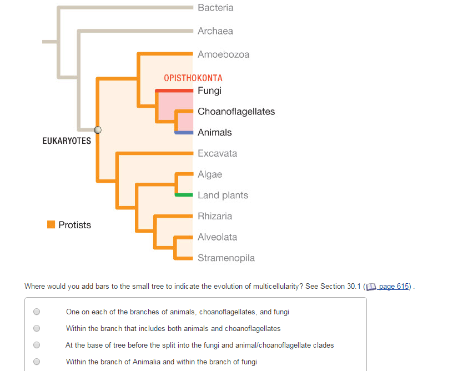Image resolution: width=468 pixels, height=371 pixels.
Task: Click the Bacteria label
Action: (215, 8)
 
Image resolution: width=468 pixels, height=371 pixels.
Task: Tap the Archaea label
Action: (215, 31)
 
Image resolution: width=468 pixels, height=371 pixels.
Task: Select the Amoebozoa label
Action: (223, 54)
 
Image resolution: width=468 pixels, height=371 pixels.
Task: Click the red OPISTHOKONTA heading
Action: (193, 78)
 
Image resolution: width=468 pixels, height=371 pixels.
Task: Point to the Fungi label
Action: (209, 91)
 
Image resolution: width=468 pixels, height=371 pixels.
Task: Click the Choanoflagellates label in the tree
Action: (236, 112)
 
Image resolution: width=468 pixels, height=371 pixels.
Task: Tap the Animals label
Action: (214, 132)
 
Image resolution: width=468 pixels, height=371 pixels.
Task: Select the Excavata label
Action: (217, 153)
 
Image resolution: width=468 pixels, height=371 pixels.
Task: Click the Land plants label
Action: (223, 195)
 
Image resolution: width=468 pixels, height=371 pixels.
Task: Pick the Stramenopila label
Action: (226, 258)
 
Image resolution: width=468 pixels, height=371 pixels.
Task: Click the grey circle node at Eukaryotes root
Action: (98, 130)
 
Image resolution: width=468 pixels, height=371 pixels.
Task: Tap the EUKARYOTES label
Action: (67, 141)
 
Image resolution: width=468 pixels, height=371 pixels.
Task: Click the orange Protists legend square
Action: (51, 225)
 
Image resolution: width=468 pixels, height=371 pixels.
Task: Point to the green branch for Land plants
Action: (184, 195)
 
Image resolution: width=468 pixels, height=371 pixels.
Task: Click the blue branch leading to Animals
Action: (184, 132)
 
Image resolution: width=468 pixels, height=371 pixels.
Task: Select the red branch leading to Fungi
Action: (174, 90)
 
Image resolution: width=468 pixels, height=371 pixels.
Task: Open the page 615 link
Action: (394, 287)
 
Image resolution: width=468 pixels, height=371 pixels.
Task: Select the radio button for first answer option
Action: (37, 312)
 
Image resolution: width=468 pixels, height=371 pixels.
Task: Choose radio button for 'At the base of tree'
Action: (37, 345)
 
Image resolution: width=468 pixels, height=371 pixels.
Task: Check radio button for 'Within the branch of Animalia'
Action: (37, 362)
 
